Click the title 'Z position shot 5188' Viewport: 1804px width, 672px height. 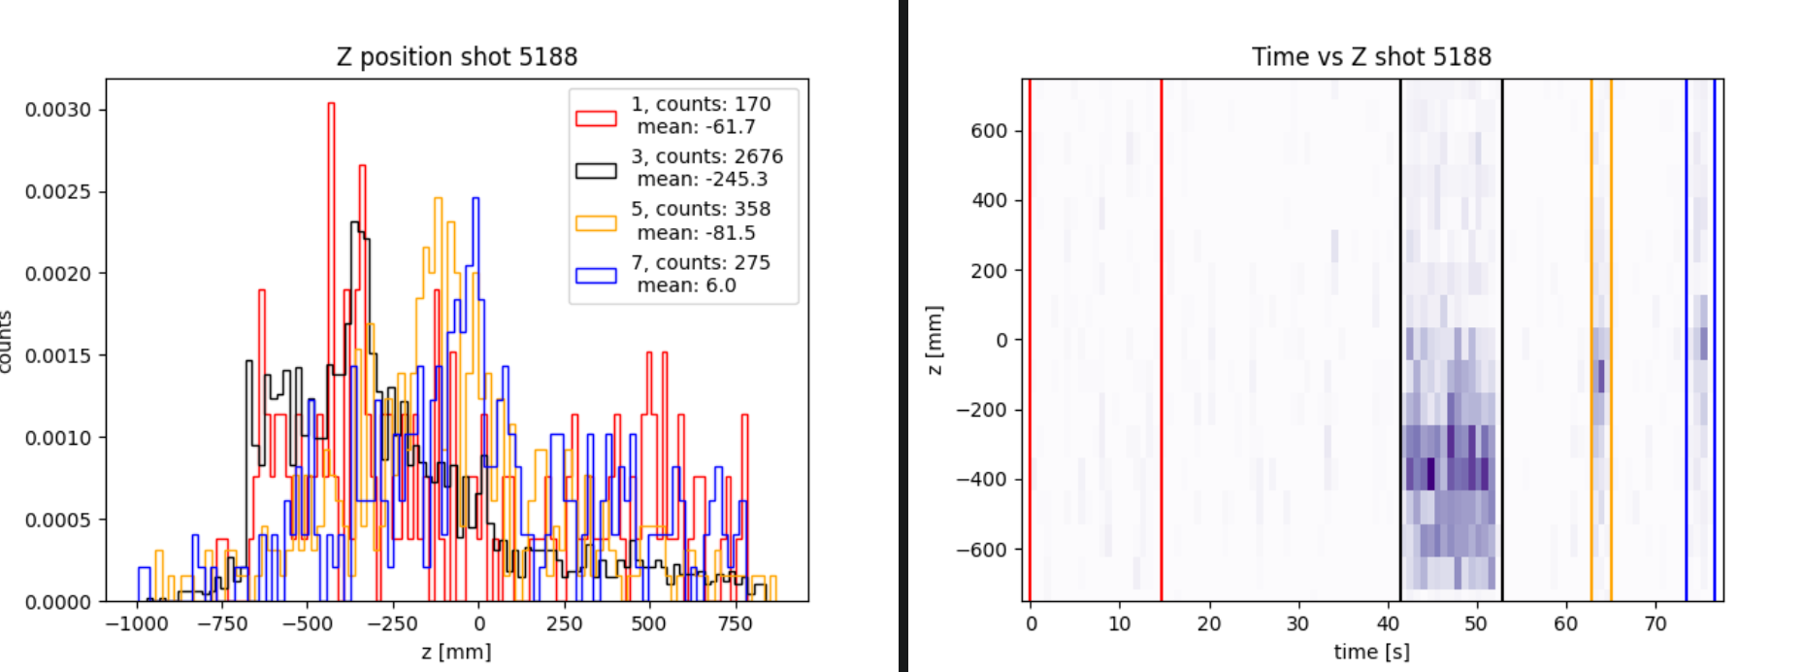[x=456, y=57]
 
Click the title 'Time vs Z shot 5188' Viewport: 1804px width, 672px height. [x=1370, y=57]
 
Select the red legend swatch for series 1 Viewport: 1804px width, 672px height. [x=596, y=118]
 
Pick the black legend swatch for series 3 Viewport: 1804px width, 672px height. [x=596, y=170]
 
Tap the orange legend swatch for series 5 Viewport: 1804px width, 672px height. [x=596, y=222]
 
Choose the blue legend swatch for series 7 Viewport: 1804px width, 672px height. [x=596, y=275]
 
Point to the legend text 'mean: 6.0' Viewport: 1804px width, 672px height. [x=686, y=286]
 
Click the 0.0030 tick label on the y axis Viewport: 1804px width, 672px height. [x=58, y=110]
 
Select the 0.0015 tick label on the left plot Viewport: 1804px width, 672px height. [x=58, y=355]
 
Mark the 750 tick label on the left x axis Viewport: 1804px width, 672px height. [x=735, y=623]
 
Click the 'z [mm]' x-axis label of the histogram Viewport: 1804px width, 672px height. [x=456, y=652]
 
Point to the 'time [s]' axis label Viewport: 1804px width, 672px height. [x=1371, y=652]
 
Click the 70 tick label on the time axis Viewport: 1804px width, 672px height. [x=1655, y=623]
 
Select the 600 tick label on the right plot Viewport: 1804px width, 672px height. [x=989, y=131]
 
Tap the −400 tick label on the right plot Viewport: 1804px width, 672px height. [x=982, y=480]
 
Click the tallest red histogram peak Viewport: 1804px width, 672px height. [x=331, y=105]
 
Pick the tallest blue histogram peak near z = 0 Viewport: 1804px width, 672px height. [x=476, y=200]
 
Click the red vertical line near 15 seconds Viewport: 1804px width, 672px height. [x=1162, y=340]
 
